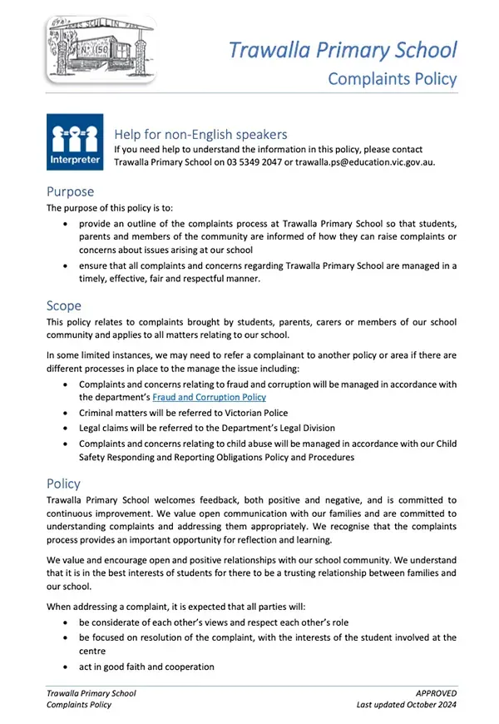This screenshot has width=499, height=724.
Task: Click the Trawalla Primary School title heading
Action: [x=343, y=49]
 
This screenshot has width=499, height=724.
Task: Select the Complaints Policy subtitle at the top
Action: [x=393, y=79]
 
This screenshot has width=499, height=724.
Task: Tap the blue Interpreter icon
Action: [x=75, y=142]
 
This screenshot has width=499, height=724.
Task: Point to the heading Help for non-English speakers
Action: [x=200, y=134]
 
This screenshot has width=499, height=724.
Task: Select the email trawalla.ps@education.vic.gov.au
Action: [x=353, y=161]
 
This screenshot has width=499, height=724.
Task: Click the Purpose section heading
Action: [x=71, y=191]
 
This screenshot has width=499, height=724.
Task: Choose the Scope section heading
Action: [x=64, y=305]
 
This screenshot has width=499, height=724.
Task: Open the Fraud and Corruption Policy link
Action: [x=209, y=398]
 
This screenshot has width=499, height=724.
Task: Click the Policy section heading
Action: [x=64, y=483]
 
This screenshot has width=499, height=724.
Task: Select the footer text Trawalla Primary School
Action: [x=91, y=692]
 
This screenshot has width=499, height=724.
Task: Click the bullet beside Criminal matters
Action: [x=67, y=413]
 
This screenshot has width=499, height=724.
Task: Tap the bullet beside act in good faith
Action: [x=67, y=667]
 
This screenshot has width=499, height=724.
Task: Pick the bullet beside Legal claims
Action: [x=67, y=428]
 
